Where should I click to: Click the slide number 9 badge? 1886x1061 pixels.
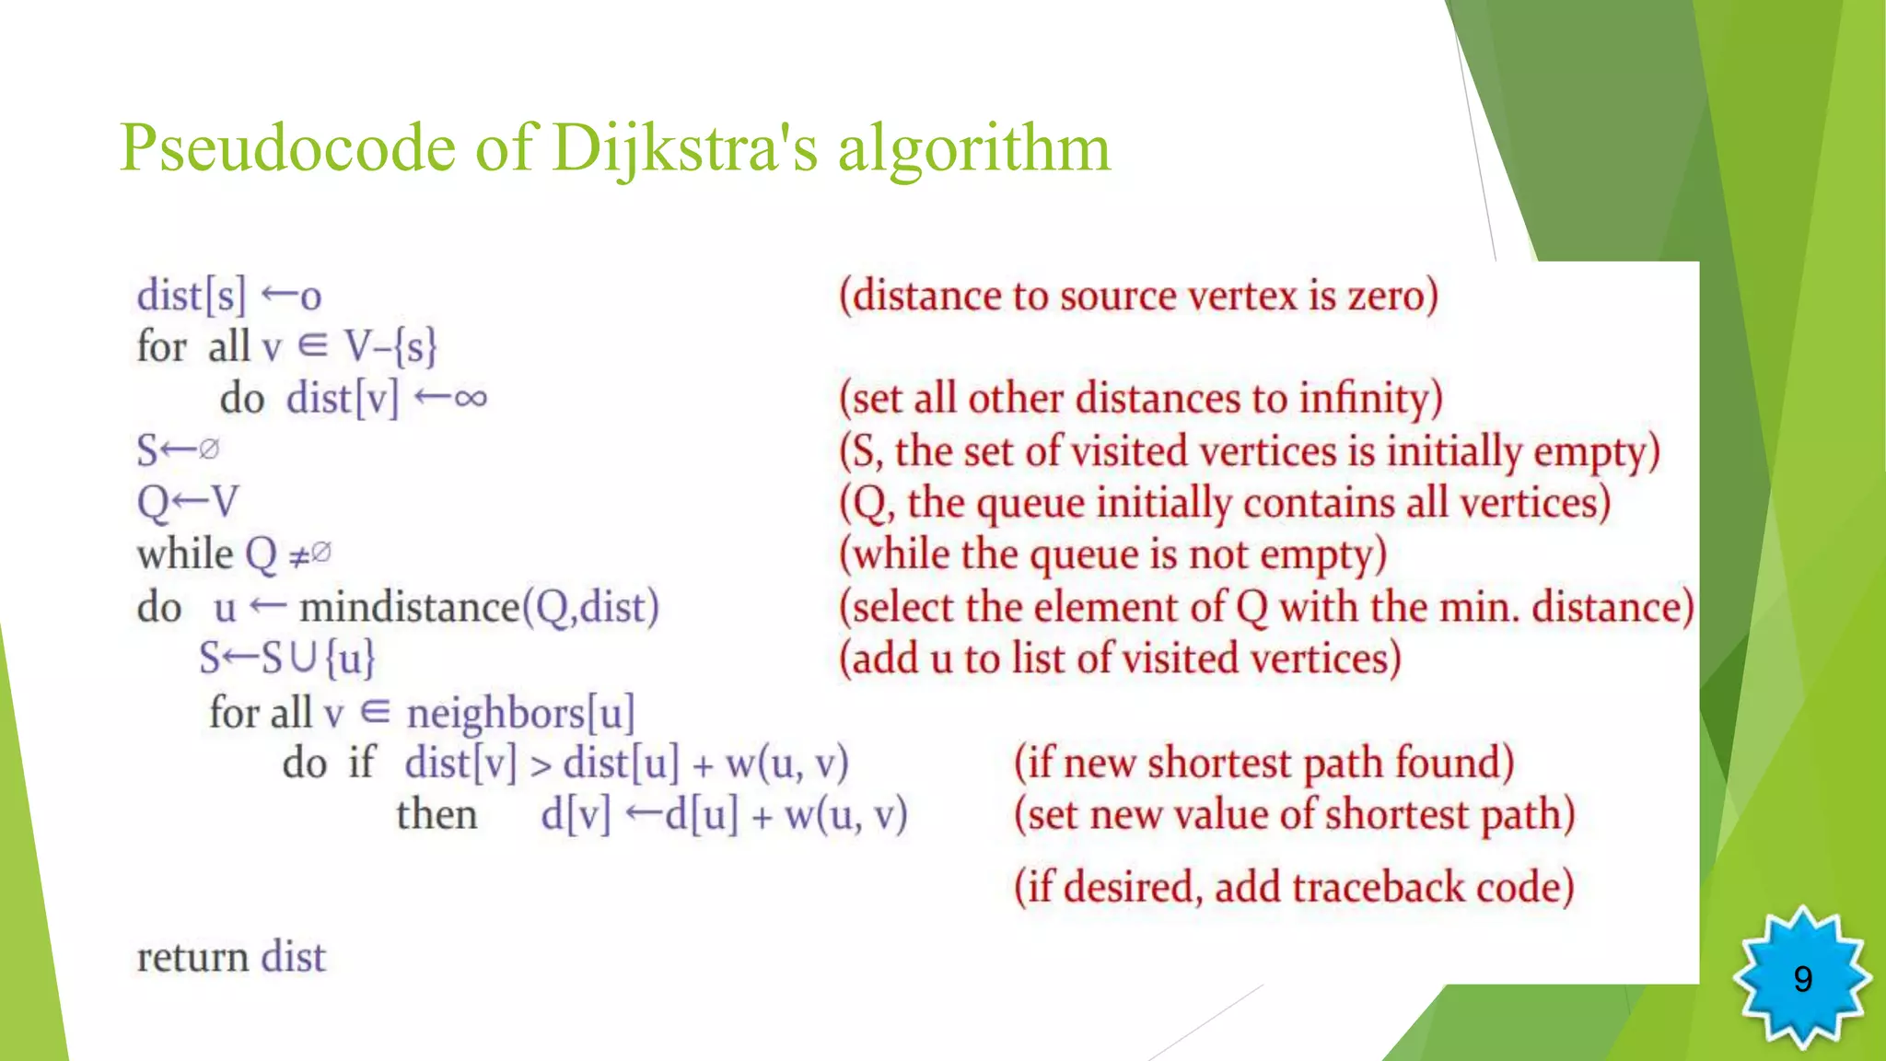coord(1802,978)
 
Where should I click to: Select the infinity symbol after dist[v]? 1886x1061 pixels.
coord(470,398)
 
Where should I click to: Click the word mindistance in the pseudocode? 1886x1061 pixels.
coord(410,607)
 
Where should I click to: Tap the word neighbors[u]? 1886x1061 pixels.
coord(520,713)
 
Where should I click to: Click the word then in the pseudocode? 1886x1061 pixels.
coord(437,815)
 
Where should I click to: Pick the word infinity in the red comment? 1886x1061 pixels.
coord(1370,399)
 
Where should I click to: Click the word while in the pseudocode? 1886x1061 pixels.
coord(185,554)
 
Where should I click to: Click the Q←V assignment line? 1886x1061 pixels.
coord(188,503)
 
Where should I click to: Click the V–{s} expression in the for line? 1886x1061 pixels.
coord(390,347)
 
